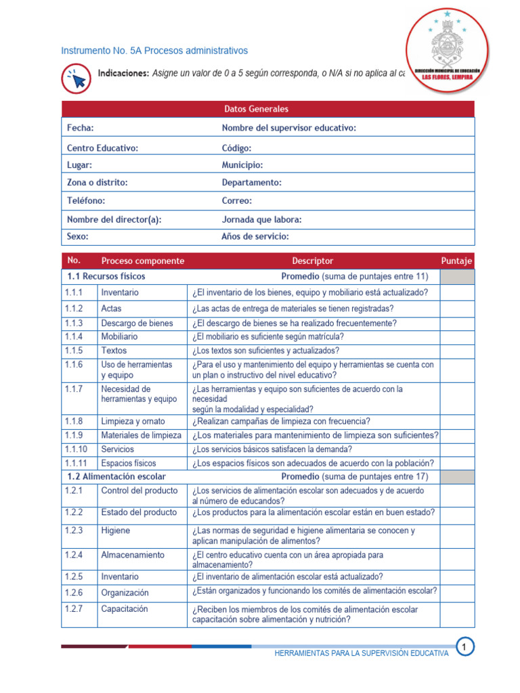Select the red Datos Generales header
pyautogui.click(x=256, y=109)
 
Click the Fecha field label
pyautogui.click(x=81, y=128)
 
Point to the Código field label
pyautogui.click(x=236, y=148)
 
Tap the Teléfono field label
pyautogui.click(x=86, y=201)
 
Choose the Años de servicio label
pyautogui.click(x=255, y=237)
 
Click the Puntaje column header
pyautogui.click(x=457, y=261)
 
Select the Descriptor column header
pyautogui.click(x=313, y=261)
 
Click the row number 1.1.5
pyautogui.click(x=74, y=351)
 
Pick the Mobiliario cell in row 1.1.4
pyautogui.click(x=119, y=336)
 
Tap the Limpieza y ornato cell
pyautogui.click(x=133, y=421)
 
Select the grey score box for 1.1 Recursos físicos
pyautogui.click(x=457, y=277)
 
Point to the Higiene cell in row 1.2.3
pyautogui.click(x=116, y=531)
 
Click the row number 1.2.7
pyautogui.click(x=74, y=609)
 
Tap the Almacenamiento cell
pyautogui.click(x=133, y=555)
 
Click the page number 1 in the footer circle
pyautogui.click(x=464, y=648)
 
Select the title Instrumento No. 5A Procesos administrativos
pyautogui.click(x=154, y=51)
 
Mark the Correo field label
pyautogui.click(x=237, y=201)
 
